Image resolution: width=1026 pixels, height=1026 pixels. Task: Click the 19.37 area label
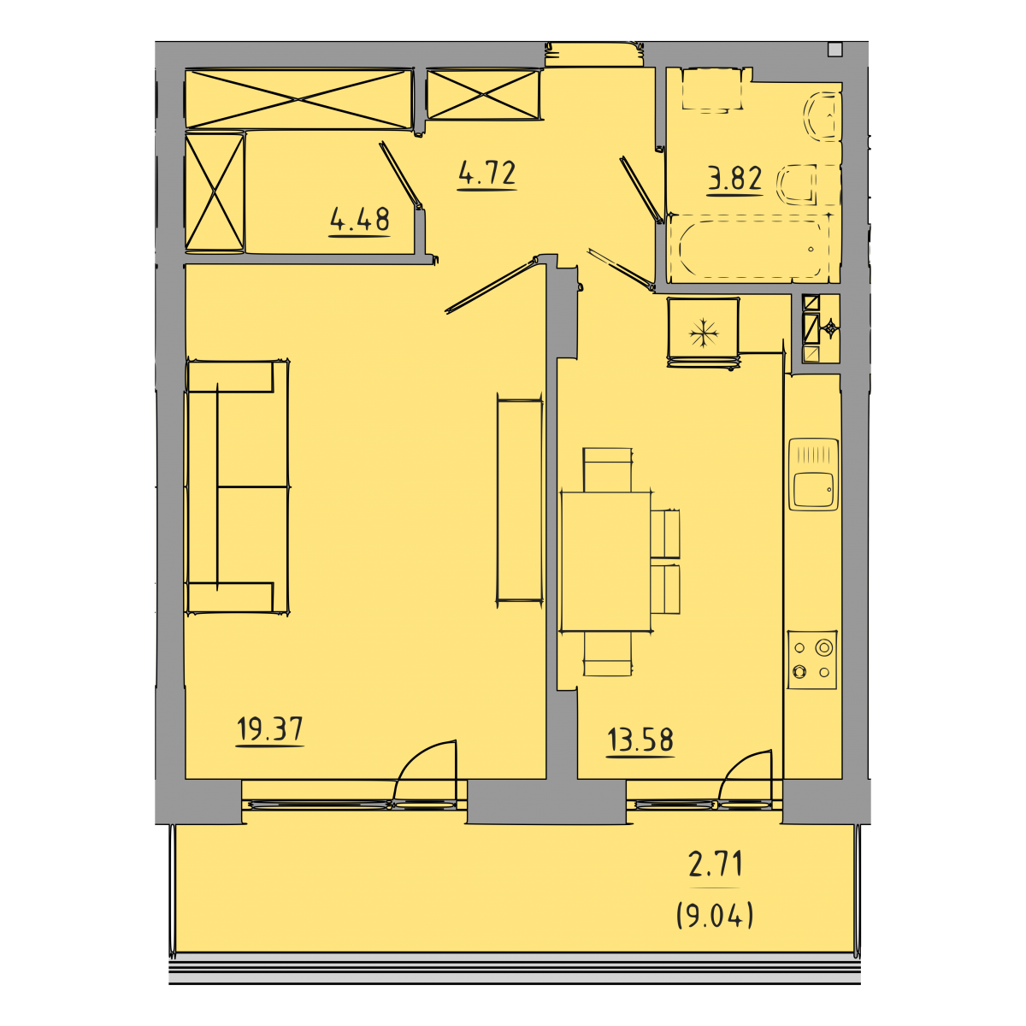pos(270,728)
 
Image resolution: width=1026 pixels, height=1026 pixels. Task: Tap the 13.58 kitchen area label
pos(640,740)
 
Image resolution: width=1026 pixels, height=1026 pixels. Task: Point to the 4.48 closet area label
pos(359,219)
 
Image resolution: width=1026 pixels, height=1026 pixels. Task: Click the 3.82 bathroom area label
pos(734,179)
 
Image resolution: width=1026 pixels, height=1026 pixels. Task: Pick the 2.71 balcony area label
pos(715,864)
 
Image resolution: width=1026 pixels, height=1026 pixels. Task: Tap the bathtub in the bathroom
pos(750,248)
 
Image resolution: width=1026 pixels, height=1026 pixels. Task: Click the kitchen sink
pos(813,474)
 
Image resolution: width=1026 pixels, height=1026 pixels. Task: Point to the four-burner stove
pos(812,659)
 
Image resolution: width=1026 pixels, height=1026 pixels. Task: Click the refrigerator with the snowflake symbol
pos(704,333)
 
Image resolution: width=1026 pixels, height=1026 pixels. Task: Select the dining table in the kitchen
pos(605,562)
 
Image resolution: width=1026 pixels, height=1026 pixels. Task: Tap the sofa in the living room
pos(238,487)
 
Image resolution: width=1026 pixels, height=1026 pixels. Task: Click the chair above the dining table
pos(608,469)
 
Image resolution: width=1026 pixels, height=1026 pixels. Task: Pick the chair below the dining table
pos(608,654)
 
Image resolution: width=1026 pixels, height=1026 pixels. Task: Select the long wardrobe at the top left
pos(298,99)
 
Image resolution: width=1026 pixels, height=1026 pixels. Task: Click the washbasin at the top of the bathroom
pos(712,90)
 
